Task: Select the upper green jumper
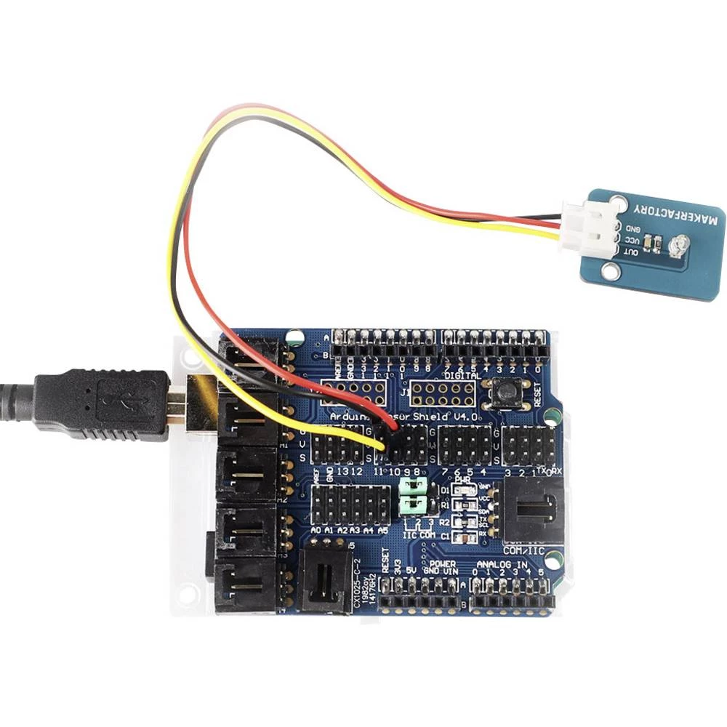pyautogui.click(x=416, y=485)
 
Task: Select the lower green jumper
pyautogui.click(x=416, y=503)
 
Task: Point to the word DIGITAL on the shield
pyautogui.click(x=462, y=376)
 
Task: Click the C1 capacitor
pyautogui.click(x=459, y=537)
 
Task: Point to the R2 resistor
pyautogui.click(x=459, y=522)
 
